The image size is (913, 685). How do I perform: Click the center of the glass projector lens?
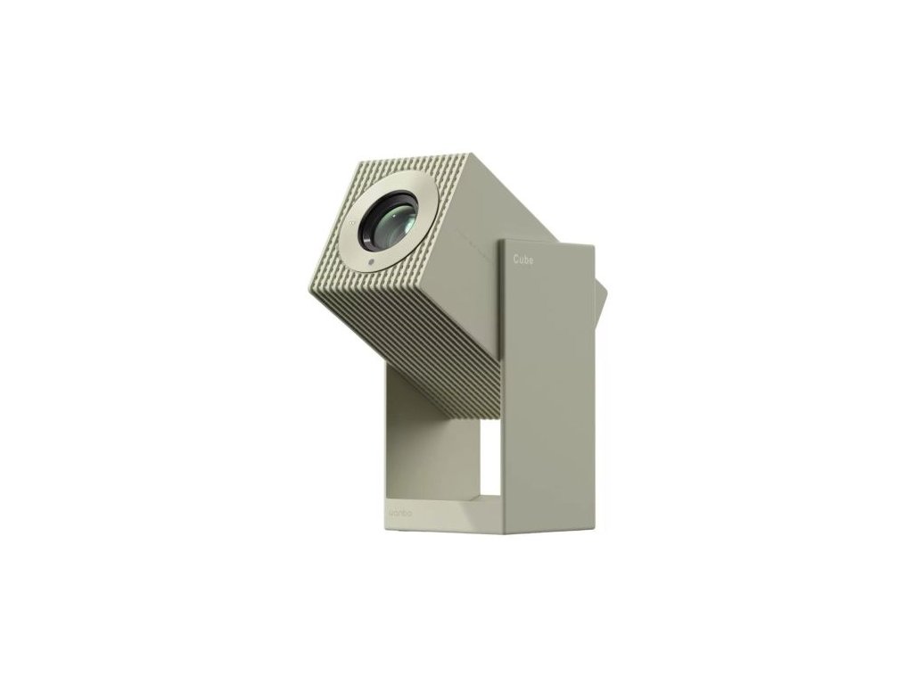tap(389, 223)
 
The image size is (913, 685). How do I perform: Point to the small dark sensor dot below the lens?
tap(369, 260)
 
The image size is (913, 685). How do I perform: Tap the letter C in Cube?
tap(516, 259)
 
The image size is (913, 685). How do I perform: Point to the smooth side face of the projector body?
tap(473, 232)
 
